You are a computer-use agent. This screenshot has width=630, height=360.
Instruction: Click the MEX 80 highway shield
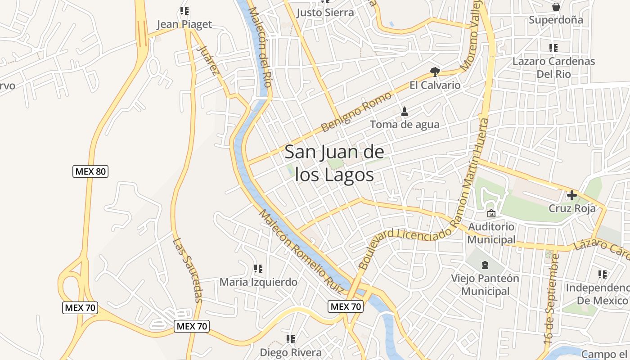(90, 171)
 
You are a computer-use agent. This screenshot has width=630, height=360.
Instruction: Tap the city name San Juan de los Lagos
(334, 163)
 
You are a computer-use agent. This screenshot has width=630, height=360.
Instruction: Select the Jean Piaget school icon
(184, 10)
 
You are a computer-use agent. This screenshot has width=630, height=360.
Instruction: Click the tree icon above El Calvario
(435, 71)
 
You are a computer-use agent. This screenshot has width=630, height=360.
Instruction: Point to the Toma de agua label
(405, 124)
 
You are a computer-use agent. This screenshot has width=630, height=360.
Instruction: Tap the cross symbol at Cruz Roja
(572, 195)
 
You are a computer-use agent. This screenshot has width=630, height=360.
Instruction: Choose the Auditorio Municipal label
(491, 233)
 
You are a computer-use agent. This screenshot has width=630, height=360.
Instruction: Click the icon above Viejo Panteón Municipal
(485, 265)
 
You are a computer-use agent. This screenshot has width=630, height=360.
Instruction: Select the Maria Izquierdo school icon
(258, 269)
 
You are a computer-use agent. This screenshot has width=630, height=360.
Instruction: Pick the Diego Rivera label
(291, 352)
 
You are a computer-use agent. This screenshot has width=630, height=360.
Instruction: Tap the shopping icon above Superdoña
(556, 7)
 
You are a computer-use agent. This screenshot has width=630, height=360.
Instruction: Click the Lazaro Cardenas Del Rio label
(553, 67)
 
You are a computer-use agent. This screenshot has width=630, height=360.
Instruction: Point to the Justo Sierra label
(325, 13)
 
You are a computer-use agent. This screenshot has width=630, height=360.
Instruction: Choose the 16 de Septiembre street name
(552, 299)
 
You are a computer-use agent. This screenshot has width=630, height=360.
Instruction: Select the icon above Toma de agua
(405, 111)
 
